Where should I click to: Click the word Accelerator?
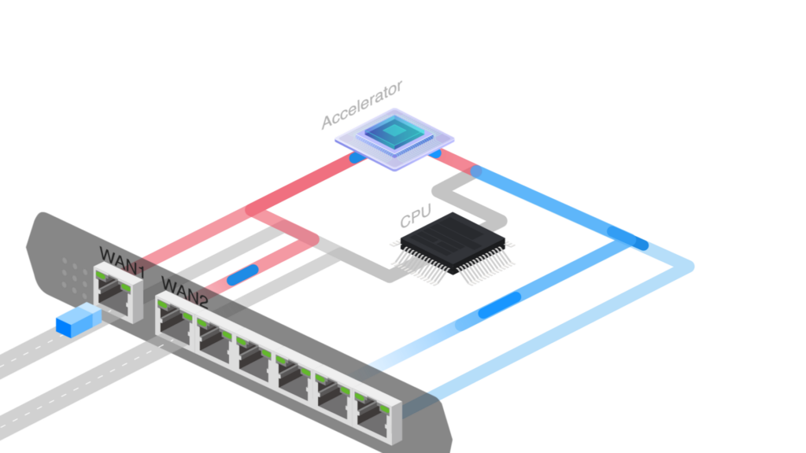point(362,105)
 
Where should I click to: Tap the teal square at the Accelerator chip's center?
point(395,131)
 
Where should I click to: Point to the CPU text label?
point(416,216)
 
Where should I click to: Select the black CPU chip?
point(453,242)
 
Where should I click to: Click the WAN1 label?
point(122,262)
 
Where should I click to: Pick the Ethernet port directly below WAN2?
point(175,322)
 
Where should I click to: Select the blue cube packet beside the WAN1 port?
point(79,319)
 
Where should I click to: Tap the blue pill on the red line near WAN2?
point(242,275)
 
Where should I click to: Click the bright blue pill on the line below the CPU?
point(499,305)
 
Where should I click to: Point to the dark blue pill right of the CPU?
point(627,238)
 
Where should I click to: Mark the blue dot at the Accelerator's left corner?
point(357,157)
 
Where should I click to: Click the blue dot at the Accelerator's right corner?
point(434,153)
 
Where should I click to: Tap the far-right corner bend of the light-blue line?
point(688,267)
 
